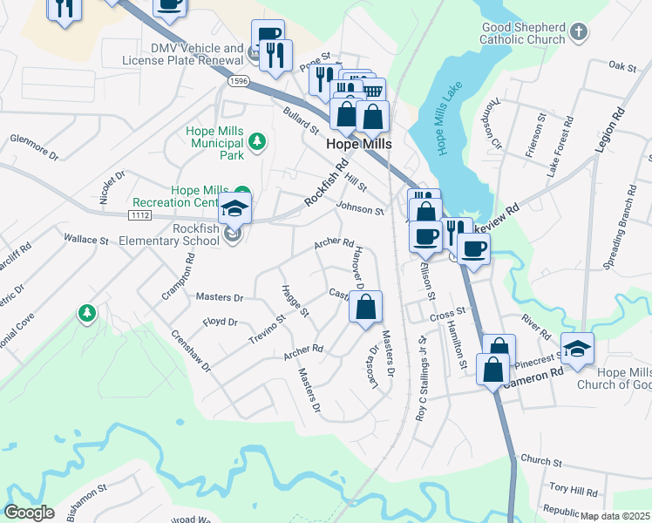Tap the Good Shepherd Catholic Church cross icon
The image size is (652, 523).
[578, 33]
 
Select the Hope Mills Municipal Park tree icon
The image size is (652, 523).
[256, 140]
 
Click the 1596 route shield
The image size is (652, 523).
[239, 81]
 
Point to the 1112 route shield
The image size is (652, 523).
[139, 214]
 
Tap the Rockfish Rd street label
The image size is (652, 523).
[327, 182]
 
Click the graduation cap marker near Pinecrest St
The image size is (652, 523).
[577, 348]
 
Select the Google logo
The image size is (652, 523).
[30, 512]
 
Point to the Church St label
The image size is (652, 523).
[536, 459]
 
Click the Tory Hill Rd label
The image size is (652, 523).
[574, 492]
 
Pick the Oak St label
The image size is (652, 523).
[623, 65]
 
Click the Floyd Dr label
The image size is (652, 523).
[221, 322]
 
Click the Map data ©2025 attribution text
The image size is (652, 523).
[615, 516]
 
